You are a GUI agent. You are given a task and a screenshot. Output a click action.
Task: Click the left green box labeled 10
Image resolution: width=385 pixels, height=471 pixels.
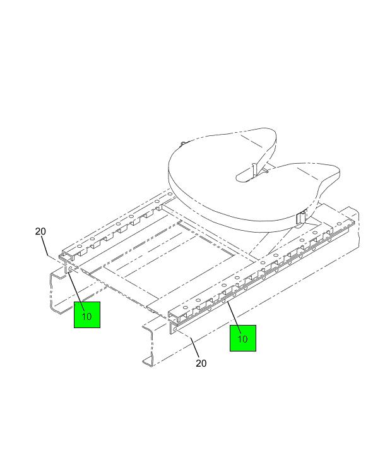[x=87, y=314]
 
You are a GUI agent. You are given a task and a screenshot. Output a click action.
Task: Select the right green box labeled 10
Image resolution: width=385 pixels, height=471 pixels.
[x=243, y=338]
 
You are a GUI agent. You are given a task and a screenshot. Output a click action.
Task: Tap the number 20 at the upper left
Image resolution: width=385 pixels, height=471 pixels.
[x=40, y=231]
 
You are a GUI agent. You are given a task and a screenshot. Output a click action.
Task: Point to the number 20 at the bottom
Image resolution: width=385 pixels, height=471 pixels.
[x=201, y=363]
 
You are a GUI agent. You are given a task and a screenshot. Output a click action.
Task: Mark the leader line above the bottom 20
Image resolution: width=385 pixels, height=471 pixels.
[x=194, y=348]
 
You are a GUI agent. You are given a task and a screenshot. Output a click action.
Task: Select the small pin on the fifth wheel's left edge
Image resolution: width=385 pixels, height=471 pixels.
[x=182, y=144]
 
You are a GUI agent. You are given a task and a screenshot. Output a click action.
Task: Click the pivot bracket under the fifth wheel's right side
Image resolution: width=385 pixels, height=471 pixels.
[x=300, y=218]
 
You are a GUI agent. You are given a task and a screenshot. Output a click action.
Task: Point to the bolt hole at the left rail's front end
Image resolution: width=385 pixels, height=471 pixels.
[x=70, y=268]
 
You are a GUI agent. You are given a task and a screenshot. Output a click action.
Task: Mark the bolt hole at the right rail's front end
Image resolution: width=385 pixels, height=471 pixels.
[x=175, y=330]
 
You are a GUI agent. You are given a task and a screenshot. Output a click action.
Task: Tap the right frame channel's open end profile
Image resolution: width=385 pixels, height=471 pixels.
[x=150, y=345]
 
